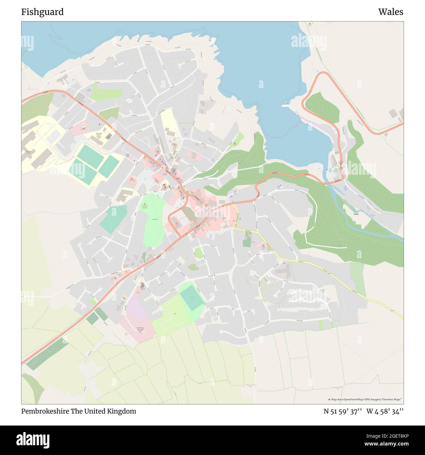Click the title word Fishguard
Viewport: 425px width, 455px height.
[x=42, y=12]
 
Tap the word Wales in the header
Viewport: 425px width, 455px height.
[x=391, y=12]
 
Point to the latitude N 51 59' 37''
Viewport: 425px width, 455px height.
[x=342, y=411]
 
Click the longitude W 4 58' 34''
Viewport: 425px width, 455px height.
[x=385, y=411]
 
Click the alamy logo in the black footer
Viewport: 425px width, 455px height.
[x=33, y=440]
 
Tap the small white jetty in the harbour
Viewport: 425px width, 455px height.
[x=286, y=106]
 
